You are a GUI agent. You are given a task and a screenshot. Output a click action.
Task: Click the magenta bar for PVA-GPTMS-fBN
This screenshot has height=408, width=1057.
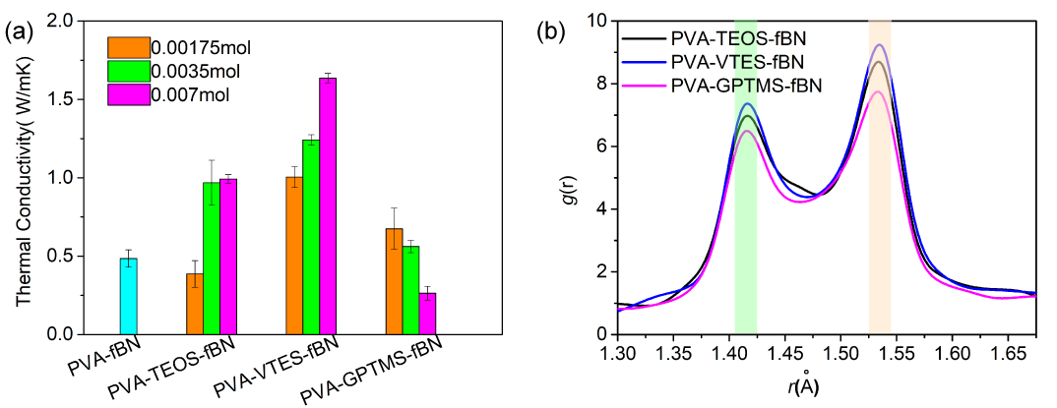pos(428,313)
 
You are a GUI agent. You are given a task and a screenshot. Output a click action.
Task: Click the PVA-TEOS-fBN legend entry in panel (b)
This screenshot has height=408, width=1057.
pos(737,39)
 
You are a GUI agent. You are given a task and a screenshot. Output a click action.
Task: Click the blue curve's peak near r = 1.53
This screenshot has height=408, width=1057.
pos(879,45)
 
